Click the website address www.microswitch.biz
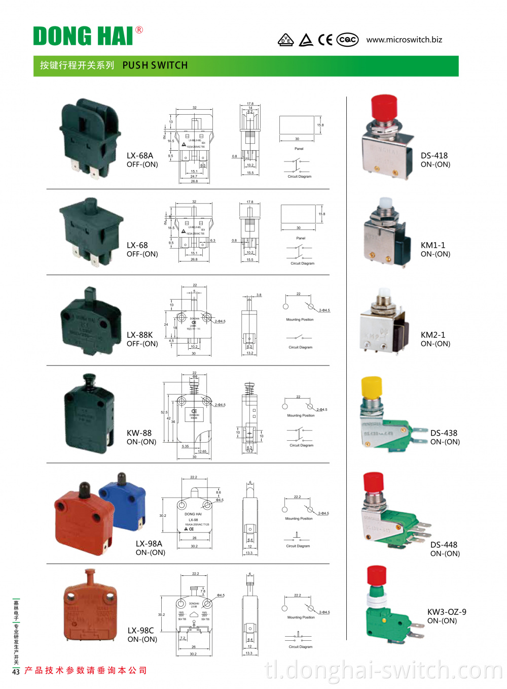point(404,40)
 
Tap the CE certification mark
point(325,40)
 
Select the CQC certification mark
point(347,40)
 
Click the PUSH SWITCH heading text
point(155,65)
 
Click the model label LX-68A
point(140,156)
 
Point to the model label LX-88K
point(140,335)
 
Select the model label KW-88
point(139,433)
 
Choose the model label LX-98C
point(141,631)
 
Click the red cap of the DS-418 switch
point(384,107)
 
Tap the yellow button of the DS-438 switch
point(372,388)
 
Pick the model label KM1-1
point(433,245)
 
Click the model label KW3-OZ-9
point(447,612)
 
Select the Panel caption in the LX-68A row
point(299,149)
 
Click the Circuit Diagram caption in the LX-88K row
point(301,347)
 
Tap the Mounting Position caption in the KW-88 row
point(301,415)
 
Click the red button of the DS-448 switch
point(374,481)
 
